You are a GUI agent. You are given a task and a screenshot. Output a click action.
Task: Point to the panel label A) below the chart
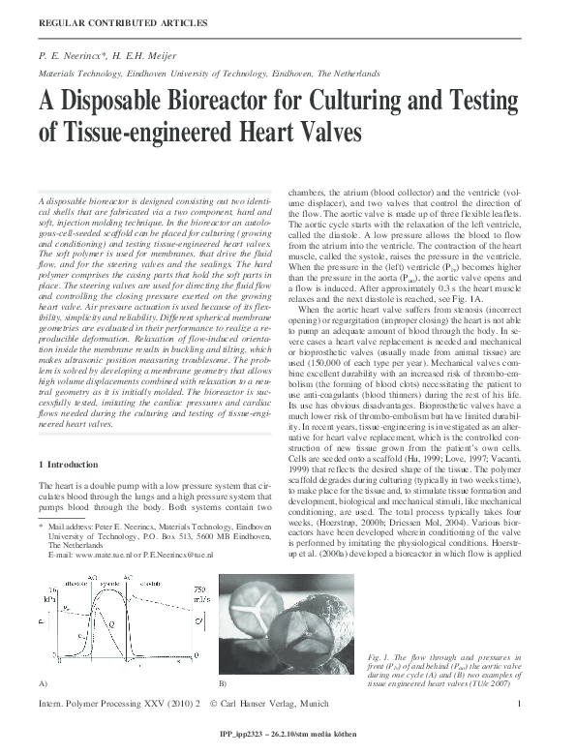(43, 683)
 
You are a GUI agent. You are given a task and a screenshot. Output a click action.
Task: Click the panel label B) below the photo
(223, 683)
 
